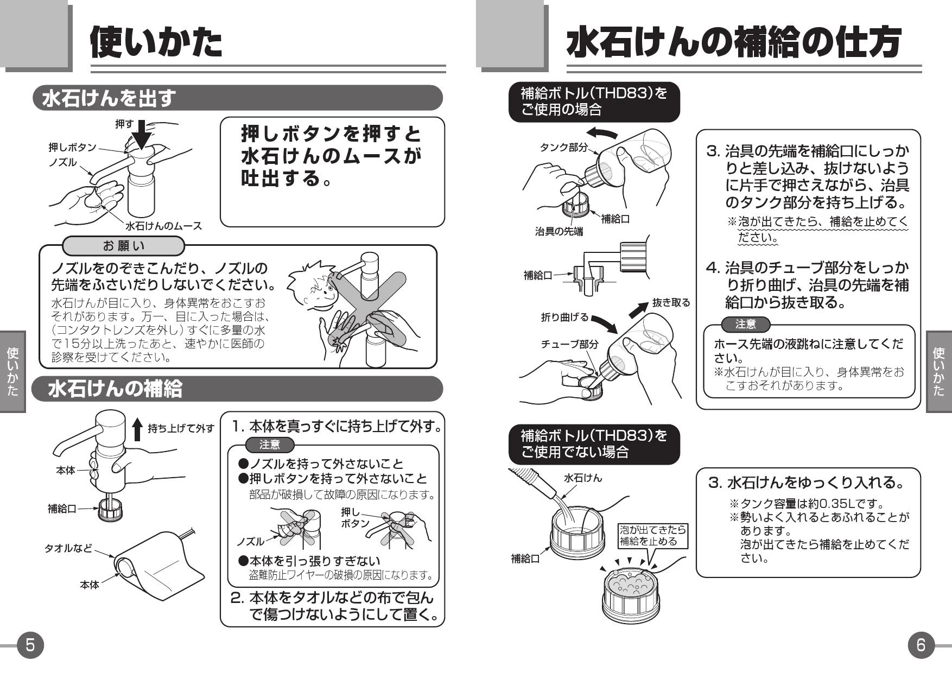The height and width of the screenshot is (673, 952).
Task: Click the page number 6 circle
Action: [921, 645]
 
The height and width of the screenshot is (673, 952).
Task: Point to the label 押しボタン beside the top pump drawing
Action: [72, 148]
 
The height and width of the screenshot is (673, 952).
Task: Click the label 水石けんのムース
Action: [163, 226]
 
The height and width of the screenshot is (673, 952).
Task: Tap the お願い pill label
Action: [124, 246]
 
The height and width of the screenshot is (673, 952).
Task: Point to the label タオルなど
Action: [68, 548]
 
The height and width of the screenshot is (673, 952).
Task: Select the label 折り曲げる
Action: [564, 317]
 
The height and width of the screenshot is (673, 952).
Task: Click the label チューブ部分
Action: [569, 344]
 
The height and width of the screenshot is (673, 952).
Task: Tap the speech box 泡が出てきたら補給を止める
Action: [653, 535]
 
